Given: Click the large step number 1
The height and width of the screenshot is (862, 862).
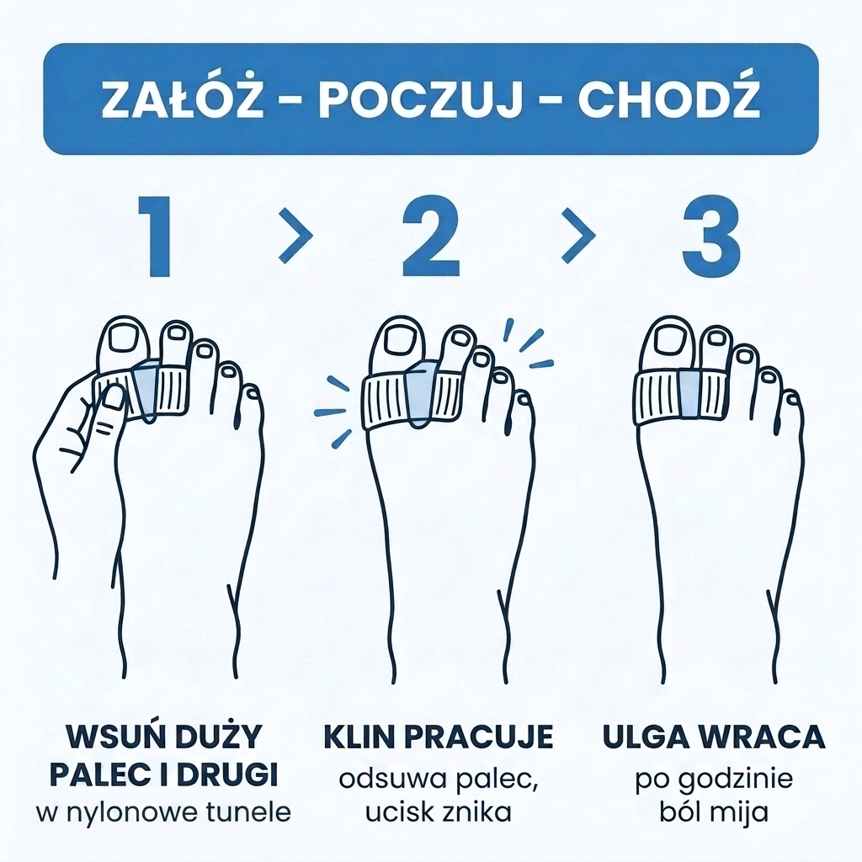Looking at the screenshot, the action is coord(157,237).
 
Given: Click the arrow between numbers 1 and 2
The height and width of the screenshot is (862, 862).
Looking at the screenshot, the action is coord(295,236).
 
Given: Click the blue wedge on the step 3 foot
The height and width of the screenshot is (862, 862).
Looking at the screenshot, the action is coord(689,393).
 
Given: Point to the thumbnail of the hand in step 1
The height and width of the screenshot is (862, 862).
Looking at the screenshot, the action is coord(114,397).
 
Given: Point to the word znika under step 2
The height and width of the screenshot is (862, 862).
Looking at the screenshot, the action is coord(478,812).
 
